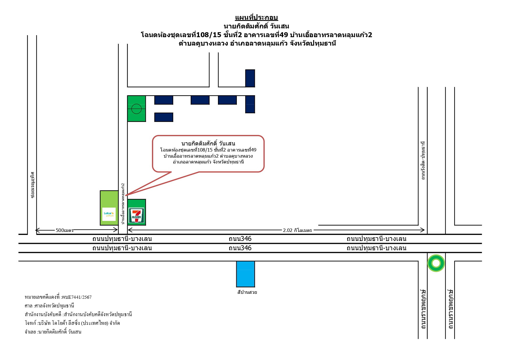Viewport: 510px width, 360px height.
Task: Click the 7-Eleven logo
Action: pyautogui.click(x=136, y=215)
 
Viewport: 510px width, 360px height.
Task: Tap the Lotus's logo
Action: pyautogui.click(x=109, y=214)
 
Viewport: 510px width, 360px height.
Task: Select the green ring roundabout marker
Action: pyautogui.click(x=436, y=263)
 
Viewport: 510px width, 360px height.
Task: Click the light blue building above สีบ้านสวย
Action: pyautogui.click(x=246, y=274)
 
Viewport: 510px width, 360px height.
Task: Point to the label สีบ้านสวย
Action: pyautogui.click(x=247, y=292)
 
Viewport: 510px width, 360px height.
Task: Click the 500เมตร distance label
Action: pyautogui.click(x=65, y=231)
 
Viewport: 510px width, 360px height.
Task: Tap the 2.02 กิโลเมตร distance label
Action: pyautogui.click(x=297, y=231)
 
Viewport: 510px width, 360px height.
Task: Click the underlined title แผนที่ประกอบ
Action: pyautogui.click(x=256, y=18)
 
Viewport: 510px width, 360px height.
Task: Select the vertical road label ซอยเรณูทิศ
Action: pyautogui.click(x=32, y=185)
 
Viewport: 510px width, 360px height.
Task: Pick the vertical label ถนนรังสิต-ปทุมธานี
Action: pyautogui.click(x=423, y=161)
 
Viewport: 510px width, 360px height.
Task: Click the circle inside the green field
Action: pyautogui.click(x=136, y=109)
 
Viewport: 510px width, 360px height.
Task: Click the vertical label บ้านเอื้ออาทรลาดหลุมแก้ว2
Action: pyautogui.click(x=123, y=204)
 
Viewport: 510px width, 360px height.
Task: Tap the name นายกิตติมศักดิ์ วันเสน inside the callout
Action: pyautogui.click(x=208, y=143)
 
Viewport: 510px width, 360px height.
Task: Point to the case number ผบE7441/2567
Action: pyautogui.click(x=77, y=297)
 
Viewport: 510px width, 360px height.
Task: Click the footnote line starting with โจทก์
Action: pyautogui.click(x=72, y=323)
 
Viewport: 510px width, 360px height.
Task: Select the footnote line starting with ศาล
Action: pyautogui.click(x=49, y=306)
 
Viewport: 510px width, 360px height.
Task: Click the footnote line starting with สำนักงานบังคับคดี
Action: pyautogui.click(x=78, y=314)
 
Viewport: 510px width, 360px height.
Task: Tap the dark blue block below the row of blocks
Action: pyautogui.click(x=164, y=117)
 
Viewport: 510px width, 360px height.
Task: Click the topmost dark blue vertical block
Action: pyautogui.click(x=250, y=78)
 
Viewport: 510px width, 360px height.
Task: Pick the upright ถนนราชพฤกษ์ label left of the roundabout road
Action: pyautogui.click(x=423, y=309)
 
